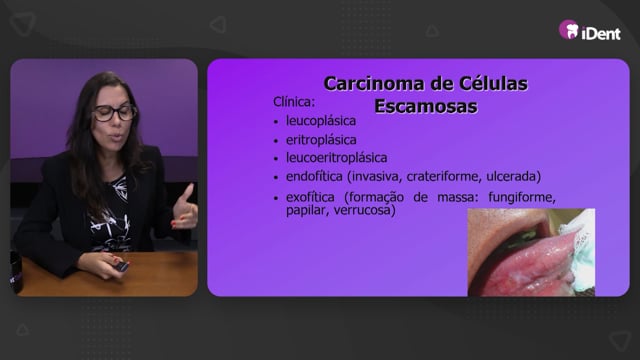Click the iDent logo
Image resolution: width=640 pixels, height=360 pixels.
point(590,31)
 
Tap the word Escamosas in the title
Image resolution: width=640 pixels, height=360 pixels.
point(426,106)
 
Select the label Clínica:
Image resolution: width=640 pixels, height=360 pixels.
point(294,102)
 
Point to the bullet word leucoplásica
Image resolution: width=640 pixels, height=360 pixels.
point(321,121)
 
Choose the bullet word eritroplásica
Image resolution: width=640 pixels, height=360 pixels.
point(321,140)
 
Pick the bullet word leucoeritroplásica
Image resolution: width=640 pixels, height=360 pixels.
point(336,158)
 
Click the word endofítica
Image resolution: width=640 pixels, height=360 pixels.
point(314,176)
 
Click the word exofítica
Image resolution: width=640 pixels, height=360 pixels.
point(310,197)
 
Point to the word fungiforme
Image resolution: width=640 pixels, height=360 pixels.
point(522,198)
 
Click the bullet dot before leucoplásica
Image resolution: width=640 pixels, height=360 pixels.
point(276,122)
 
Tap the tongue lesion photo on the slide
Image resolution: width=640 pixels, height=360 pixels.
point(531,252)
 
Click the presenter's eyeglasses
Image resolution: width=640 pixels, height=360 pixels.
point(114,113)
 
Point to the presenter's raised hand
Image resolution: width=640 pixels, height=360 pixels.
point(184,209)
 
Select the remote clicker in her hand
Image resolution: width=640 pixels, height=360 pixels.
point(121,266)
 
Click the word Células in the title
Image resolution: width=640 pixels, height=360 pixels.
point(493,84)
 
